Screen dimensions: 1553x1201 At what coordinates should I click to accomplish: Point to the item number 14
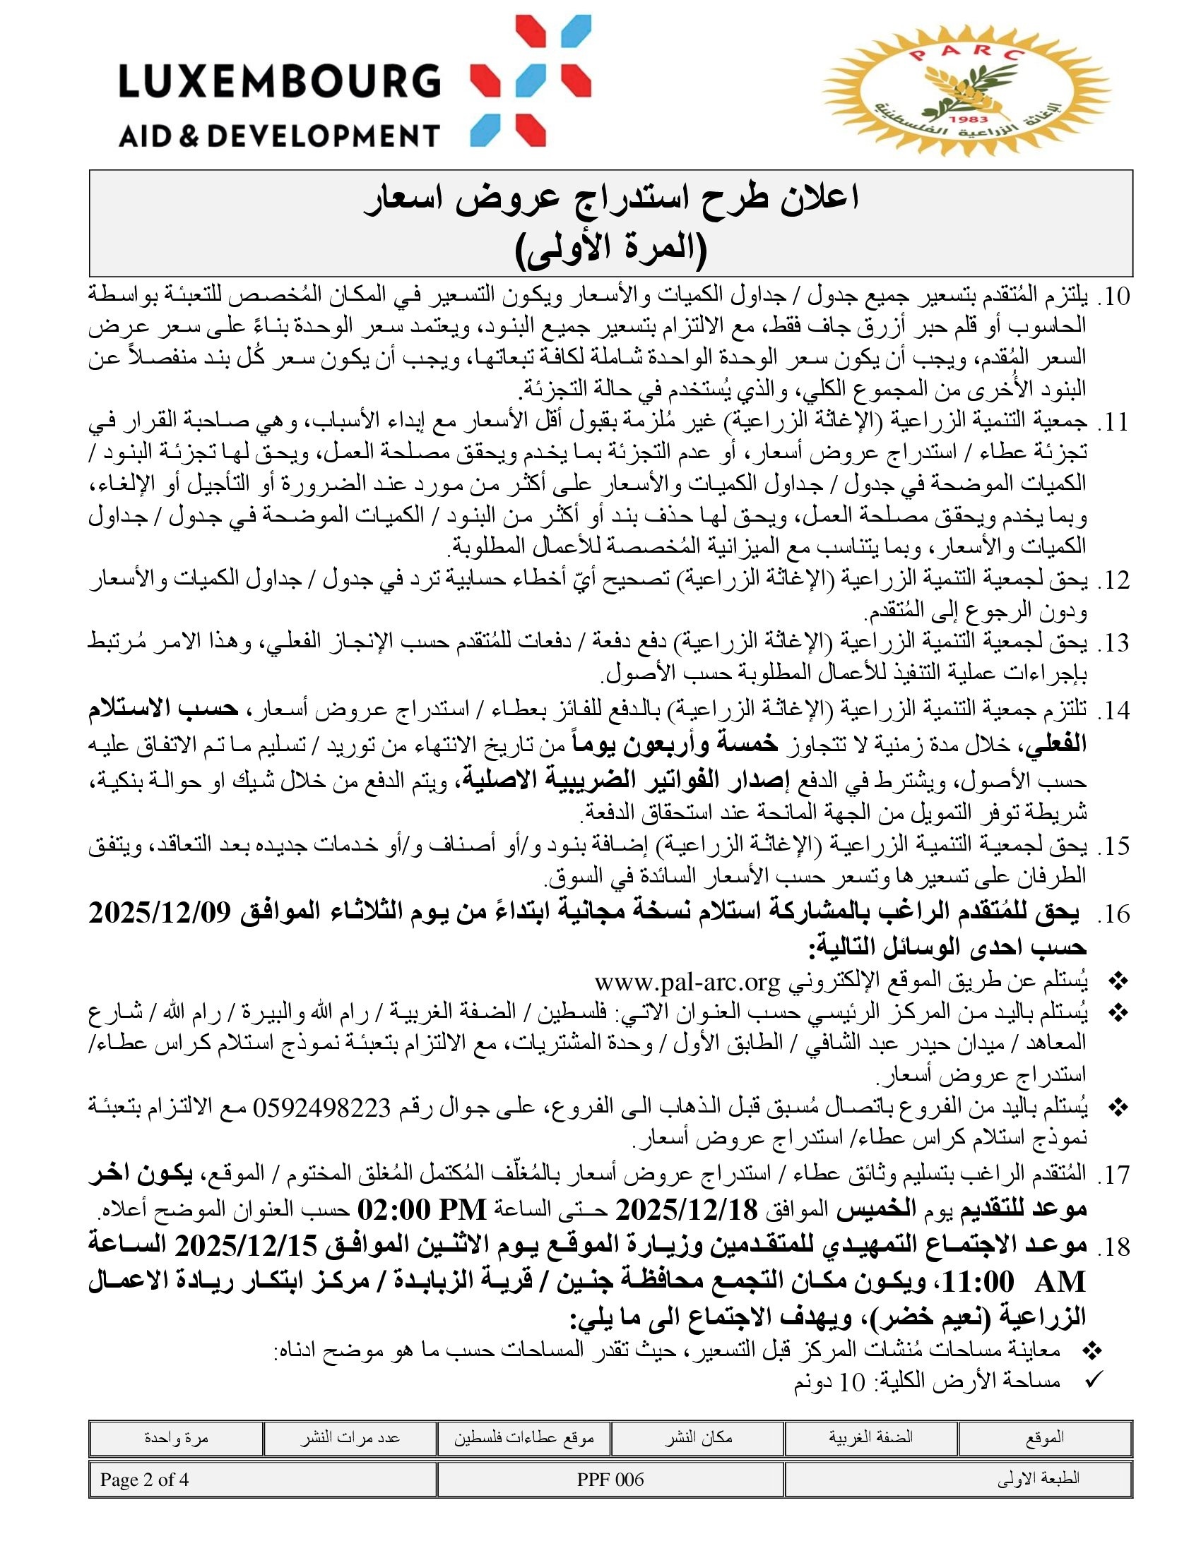1113,710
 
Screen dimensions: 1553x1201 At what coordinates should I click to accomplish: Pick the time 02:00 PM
421,1208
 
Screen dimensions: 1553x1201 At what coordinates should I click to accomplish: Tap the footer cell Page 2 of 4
144,1479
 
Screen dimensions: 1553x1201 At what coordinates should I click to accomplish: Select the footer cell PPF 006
610,1479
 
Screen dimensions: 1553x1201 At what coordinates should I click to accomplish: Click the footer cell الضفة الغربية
871,1437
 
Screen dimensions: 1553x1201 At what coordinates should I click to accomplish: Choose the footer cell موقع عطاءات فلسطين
523,1437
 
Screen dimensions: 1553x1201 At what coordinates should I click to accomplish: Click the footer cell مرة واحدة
177,1437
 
